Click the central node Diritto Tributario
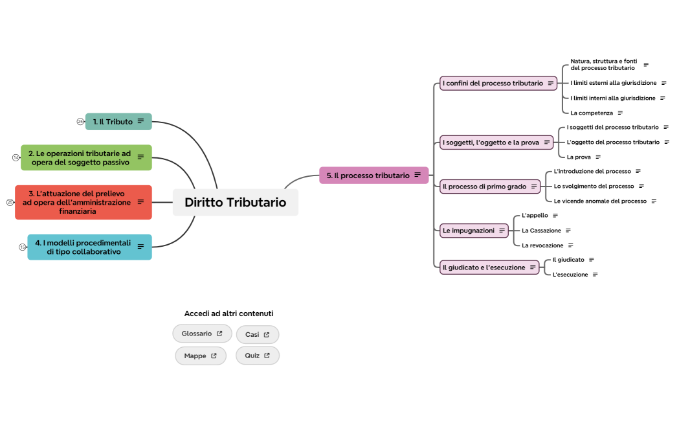235,202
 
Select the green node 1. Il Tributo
113,122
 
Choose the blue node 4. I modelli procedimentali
83,247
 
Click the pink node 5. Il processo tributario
368,176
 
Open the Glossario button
201,334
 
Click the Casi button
257,334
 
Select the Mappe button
200,356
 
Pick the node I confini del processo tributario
493,83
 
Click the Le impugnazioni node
468,230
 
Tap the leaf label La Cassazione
541,231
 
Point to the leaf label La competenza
591,113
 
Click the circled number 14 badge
16,157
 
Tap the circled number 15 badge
23,247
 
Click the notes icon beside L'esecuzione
595,275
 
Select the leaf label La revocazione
542,245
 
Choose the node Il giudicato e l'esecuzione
484,267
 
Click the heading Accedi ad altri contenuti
228,313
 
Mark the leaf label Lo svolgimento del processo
594,186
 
